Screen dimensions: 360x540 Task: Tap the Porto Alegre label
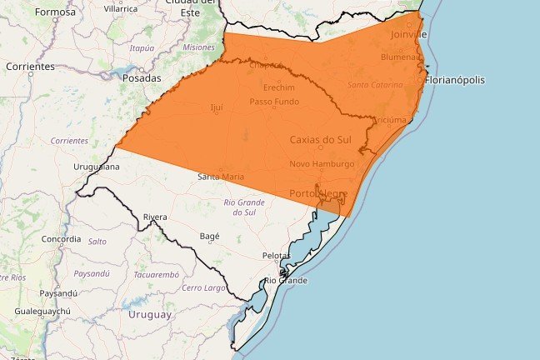pos(318,194)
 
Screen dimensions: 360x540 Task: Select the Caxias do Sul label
pos(321,140)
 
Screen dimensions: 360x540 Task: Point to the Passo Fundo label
pos(274,102)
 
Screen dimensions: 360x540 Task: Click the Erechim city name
pos(267,87)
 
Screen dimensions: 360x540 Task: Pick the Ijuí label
pos(217,107)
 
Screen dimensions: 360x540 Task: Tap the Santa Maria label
pos(221,177)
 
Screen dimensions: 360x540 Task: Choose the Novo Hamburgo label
pos(322,164)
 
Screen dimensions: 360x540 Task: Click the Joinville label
pos(409,35)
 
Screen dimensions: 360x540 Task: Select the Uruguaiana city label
pos(97,167)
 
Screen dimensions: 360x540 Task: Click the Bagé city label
pos(210,236)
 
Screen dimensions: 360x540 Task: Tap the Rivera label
pos(155,217)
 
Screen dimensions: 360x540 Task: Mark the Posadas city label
pos(142,77)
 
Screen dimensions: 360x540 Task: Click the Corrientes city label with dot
pos(30,66)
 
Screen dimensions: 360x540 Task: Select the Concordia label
pos(62,239)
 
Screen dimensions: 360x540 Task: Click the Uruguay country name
pos(150,315)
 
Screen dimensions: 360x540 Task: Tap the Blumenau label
pos(401,57)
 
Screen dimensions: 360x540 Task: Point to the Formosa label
pos(55,12)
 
